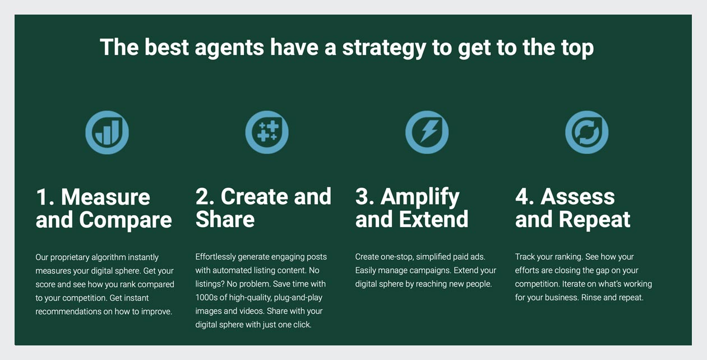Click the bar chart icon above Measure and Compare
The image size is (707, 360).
click(x=107, y=132)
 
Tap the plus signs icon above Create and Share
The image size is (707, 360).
click(x=267, y=132)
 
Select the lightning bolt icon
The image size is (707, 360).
click(x=427, y=132)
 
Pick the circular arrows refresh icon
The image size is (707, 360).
click(x=587, y=132)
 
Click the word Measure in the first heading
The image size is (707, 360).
click(x=105, y=197)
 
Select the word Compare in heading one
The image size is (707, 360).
click(x=125, y=220)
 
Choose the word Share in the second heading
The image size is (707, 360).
click(x=225, y=219)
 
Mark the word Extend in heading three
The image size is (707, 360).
click(x=433, y=219)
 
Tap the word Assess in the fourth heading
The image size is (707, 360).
click(x=577, y=197)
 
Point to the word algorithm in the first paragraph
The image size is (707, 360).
click(x=109, y=257)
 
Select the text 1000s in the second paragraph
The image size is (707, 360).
click(x=205, y=297)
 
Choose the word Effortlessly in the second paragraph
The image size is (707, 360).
click(x=215, y=257)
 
